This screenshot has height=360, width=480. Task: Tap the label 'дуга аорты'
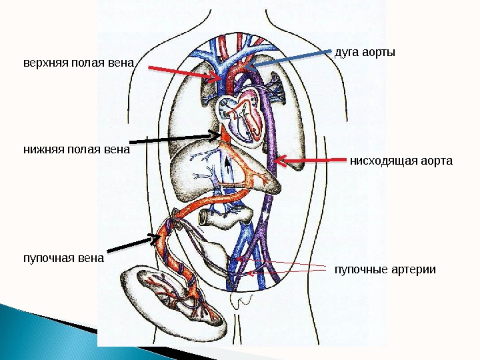point(364,52)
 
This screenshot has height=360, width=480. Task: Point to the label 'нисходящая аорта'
point(401,161)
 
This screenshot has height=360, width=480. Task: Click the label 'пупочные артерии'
point(385,270)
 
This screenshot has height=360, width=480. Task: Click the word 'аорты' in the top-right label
point(379,52)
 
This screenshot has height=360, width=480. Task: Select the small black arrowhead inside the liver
point(227,161)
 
